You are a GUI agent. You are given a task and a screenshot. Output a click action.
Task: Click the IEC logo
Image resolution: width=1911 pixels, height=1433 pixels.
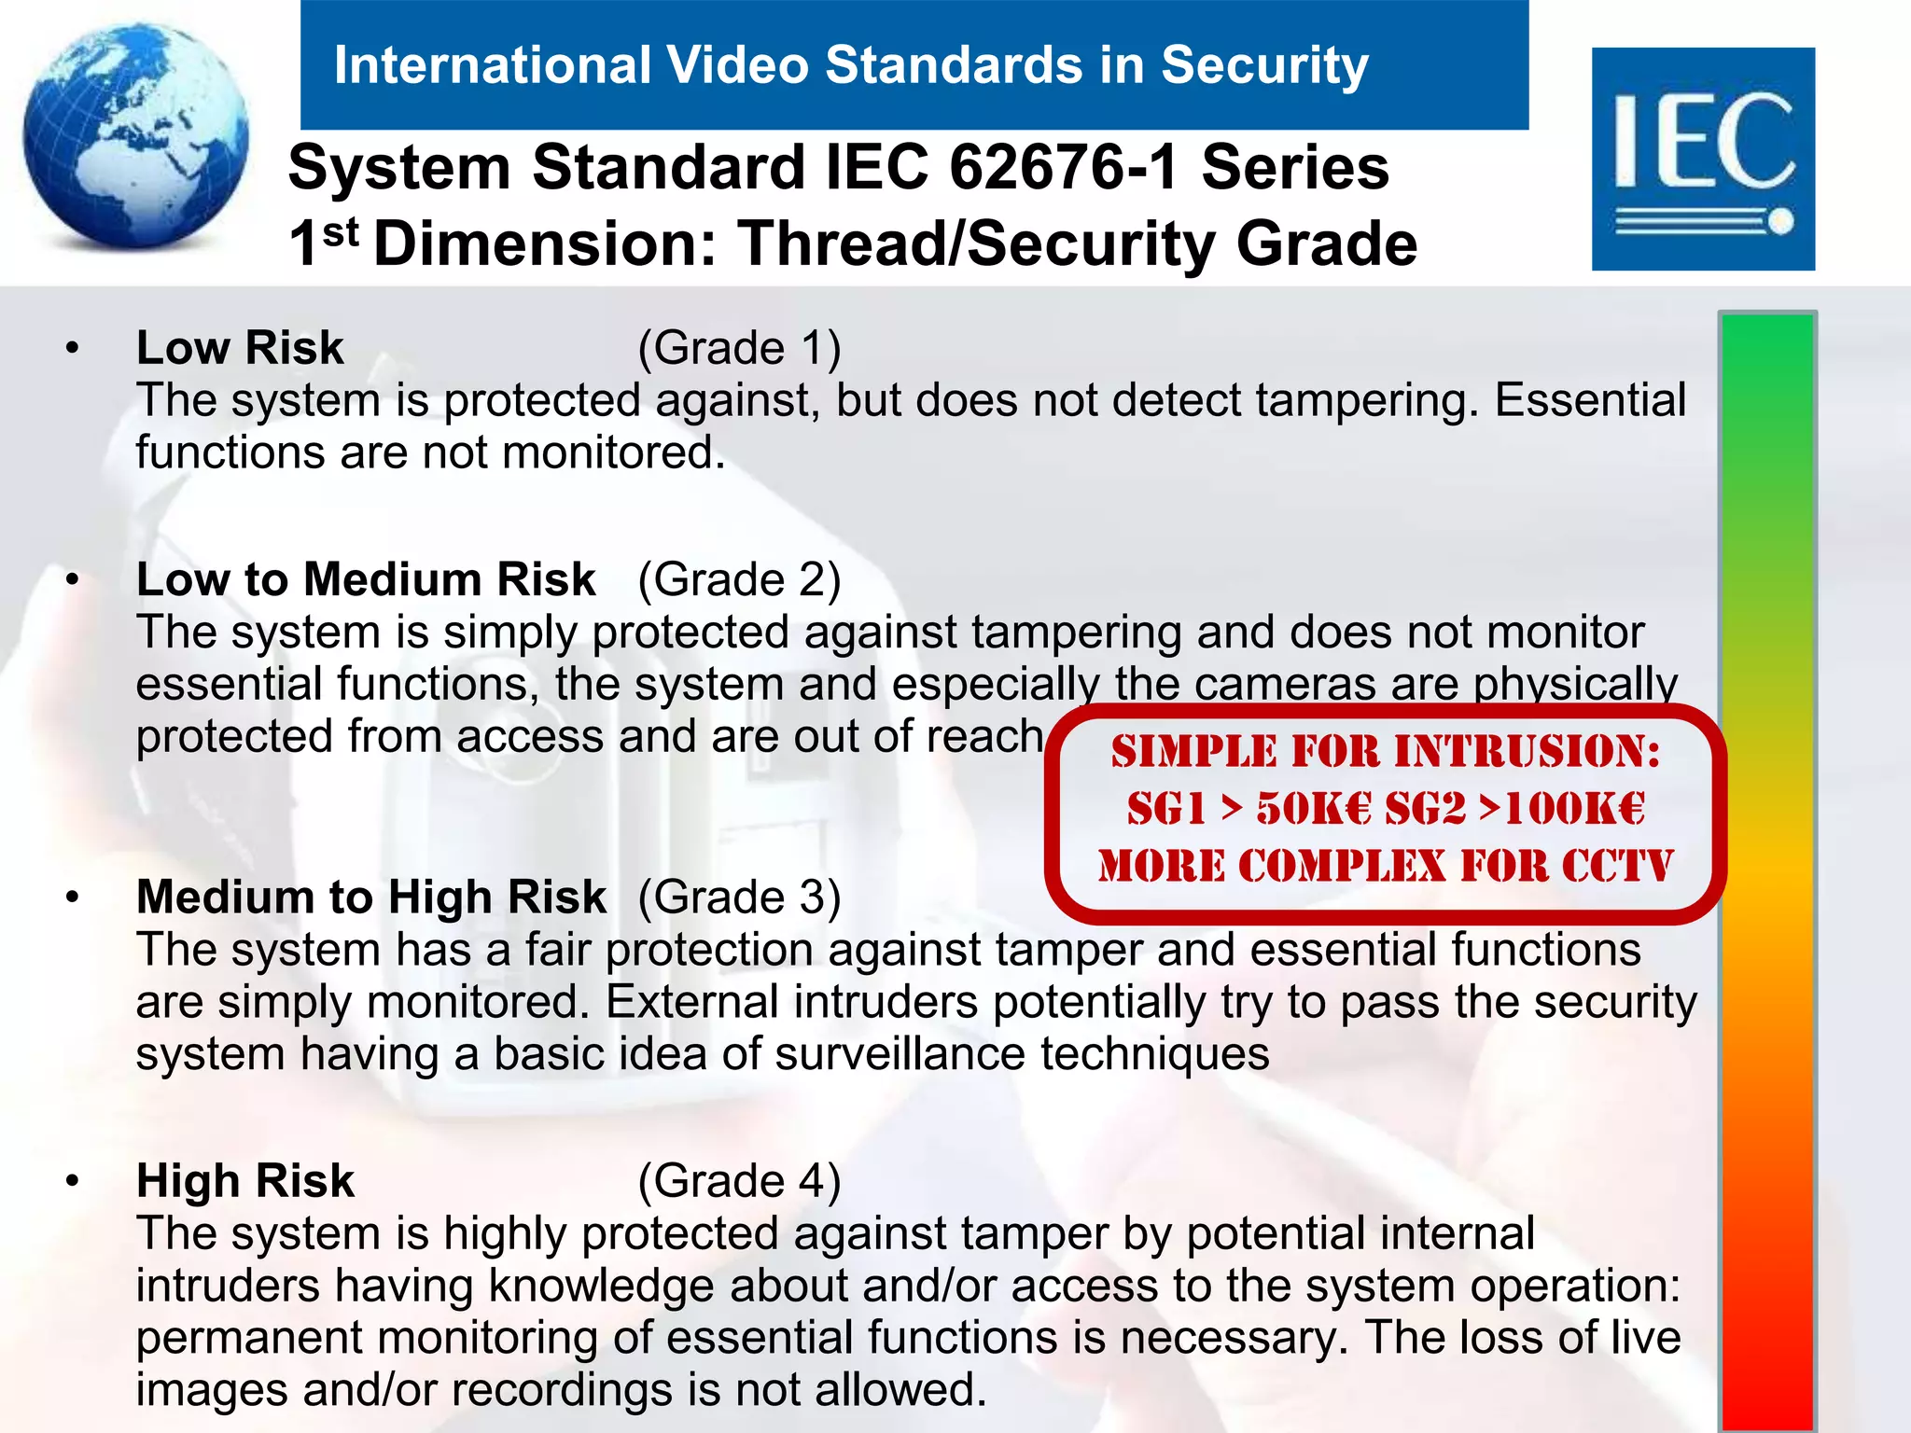(x=1703, y=159)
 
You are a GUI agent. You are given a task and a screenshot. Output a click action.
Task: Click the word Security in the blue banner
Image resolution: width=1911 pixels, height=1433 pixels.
(x=1264, y=65)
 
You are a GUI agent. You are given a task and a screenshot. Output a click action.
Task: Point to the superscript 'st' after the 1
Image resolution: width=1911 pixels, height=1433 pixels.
(x=341, y=230)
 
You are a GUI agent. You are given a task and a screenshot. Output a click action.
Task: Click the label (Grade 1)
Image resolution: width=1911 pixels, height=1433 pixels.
(x=739, y=348)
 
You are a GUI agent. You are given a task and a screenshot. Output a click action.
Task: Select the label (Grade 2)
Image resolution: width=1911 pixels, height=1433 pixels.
(x=739, y=579)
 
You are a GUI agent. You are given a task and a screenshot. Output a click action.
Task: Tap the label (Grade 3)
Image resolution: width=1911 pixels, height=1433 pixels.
(x=739, y=897)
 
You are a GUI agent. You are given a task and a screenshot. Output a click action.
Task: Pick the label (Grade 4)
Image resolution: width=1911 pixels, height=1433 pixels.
(x=739, y=1180)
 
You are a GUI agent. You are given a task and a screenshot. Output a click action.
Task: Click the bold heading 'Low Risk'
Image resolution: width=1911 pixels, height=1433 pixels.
(x=240, y=348)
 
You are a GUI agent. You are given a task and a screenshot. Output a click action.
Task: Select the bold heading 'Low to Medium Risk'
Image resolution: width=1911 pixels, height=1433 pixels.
(x=365, y=579)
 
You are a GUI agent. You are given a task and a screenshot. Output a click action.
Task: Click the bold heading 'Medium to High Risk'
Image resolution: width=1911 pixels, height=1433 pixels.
(x=370, y=897)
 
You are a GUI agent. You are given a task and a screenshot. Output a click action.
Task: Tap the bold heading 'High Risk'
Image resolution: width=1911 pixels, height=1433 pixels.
(x=244, y=1180)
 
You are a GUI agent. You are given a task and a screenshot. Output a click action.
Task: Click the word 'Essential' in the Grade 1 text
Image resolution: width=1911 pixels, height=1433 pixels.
(x=1590, y=400)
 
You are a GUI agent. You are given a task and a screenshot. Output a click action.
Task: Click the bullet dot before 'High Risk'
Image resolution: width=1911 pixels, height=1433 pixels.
(x=72, y=1181)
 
